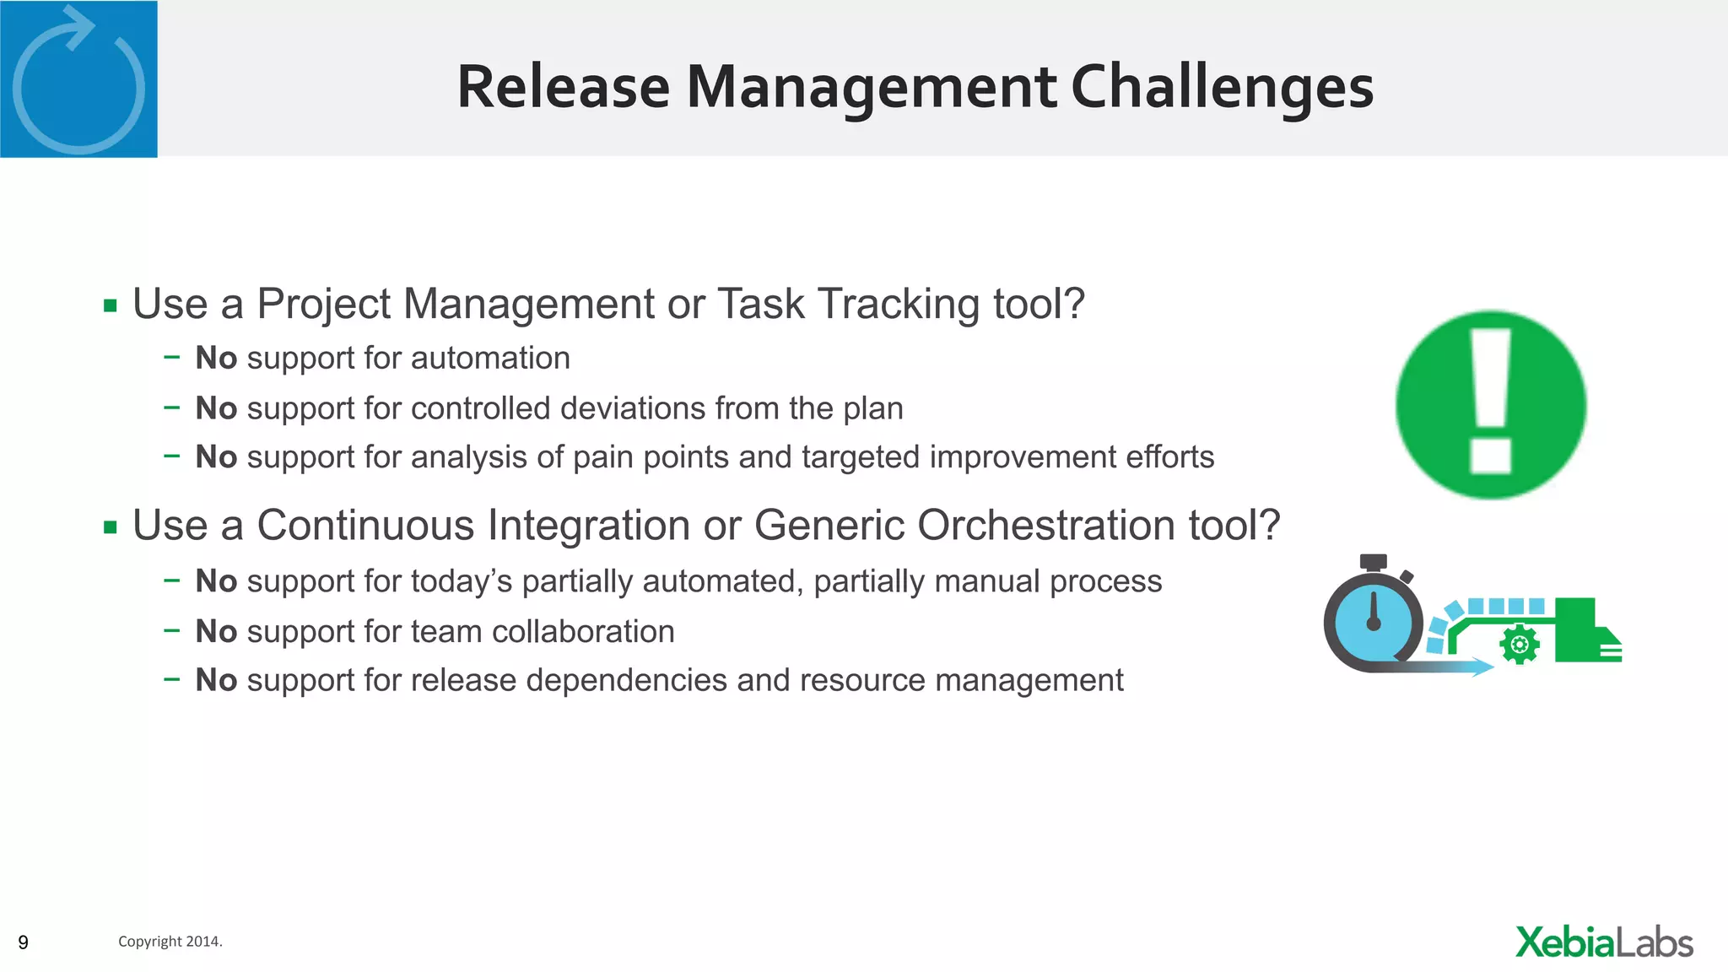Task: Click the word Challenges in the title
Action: tap(1222, 88)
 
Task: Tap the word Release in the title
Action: tap(563, 88)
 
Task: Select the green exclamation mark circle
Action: tap(1490, 405)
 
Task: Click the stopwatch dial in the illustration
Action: tap(1374, 623)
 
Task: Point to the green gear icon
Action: tap(1519, 645)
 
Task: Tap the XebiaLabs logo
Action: tap(1603, 942)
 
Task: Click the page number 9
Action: tap(23, 942)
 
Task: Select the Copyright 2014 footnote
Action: tap(170, 942)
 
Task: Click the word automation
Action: tap(490, 359)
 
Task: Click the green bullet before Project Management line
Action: tap(111, 305)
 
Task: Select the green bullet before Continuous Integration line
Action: tap(111, 528)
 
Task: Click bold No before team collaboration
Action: tap(216, 632)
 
